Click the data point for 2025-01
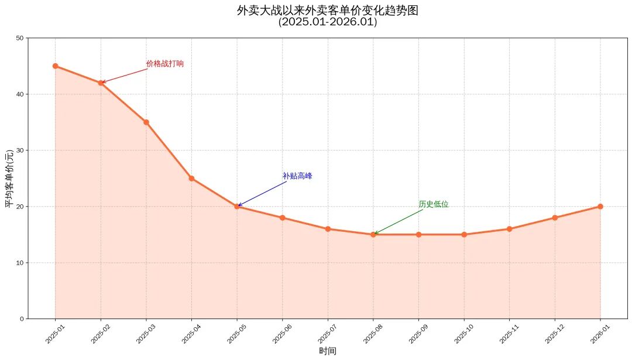click(55, 66)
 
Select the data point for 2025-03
click(146, 122)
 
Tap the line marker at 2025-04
click(191, 179)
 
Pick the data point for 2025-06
click(283, 218)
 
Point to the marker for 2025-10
click(464, 235)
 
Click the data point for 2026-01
click(600, 207)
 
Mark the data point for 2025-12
click(555, 218)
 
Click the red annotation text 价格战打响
click(164, 64)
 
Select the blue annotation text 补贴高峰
click(297, 176)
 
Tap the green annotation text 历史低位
click(434, 204)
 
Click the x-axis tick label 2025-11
click(509, 335)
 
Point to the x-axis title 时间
click(328, 351)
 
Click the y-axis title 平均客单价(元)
click(9, 179)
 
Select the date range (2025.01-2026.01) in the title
click(328, 22)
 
